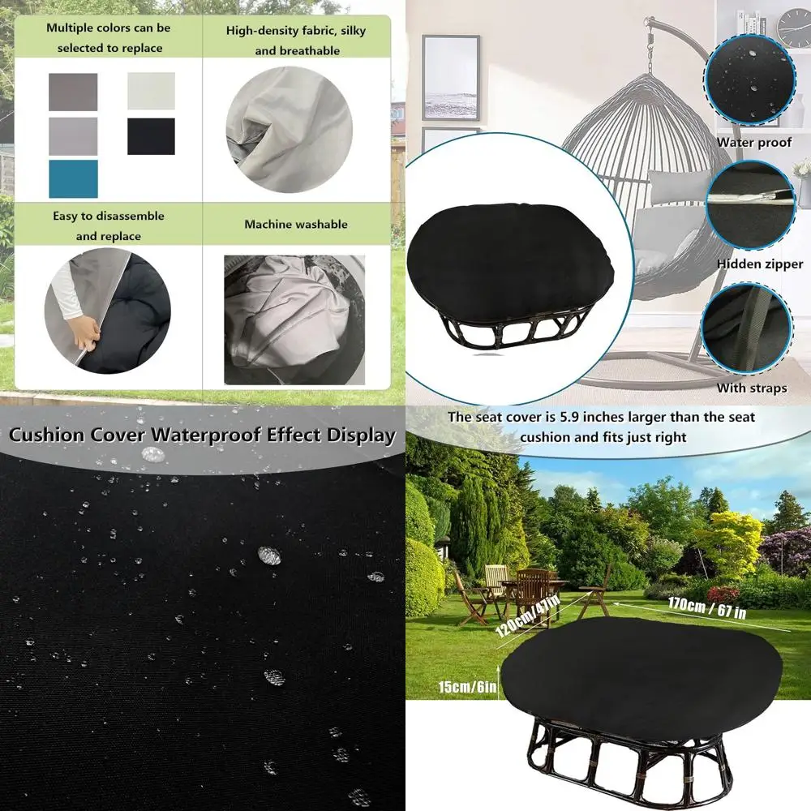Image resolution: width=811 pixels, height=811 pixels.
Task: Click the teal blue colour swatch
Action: (73, 178)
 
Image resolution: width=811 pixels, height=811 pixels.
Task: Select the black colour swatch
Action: (151, 136)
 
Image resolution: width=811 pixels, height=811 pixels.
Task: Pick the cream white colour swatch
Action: (151, 91)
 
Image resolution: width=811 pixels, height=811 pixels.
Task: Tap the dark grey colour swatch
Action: (73, 92)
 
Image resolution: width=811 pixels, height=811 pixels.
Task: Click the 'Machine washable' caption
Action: (295, 224)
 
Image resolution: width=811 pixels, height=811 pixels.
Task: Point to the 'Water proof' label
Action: (753, 143)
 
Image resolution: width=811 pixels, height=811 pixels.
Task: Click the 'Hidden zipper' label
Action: (759, 264)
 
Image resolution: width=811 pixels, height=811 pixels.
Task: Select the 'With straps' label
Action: (751, 388)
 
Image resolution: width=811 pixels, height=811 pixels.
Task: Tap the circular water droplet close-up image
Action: (750, 79)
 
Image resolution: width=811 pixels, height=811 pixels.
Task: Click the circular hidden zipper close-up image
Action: (750, 204)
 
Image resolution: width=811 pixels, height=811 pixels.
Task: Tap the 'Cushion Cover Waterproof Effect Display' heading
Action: (202, 435)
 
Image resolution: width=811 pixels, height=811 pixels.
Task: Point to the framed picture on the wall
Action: (450, 77)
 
